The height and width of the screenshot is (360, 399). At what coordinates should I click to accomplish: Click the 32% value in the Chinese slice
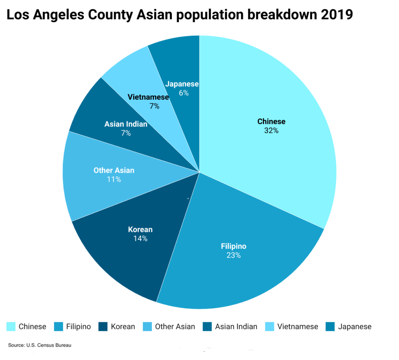(x=271, y=131)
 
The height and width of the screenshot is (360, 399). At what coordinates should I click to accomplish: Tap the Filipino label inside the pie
(x=233, y=246)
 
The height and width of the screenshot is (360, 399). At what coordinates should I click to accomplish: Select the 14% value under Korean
(x=140, y=239)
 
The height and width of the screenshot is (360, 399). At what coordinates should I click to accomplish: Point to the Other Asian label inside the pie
(x=114, y=170)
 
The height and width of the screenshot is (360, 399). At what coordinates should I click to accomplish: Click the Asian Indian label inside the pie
(x=126, y=124)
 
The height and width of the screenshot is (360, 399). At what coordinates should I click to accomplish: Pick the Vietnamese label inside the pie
(x=148, y=97)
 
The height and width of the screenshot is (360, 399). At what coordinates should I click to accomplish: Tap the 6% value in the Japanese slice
(x=184, y=93)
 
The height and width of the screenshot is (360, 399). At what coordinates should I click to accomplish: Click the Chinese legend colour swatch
(x=11, y=327)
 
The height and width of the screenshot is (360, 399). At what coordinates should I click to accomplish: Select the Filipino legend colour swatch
(x=58, y=327)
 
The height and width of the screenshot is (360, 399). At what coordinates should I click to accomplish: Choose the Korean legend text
(x=123, y=327)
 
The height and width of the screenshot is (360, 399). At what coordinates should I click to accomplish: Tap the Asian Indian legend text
(x=236, y=327)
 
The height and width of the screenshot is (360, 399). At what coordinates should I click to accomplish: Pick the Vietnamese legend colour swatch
(x=269, y=327)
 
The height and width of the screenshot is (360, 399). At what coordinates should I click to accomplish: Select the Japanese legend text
(x=355, y=327)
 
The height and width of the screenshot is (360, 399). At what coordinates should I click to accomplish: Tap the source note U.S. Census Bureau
(x=48, y=345)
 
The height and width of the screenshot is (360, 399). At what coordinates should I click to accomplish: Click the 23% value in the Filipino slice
(x=233, y=255)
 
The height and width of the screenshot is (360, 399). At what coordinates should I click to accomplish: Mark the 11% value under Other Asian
(x=114, y=179)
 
